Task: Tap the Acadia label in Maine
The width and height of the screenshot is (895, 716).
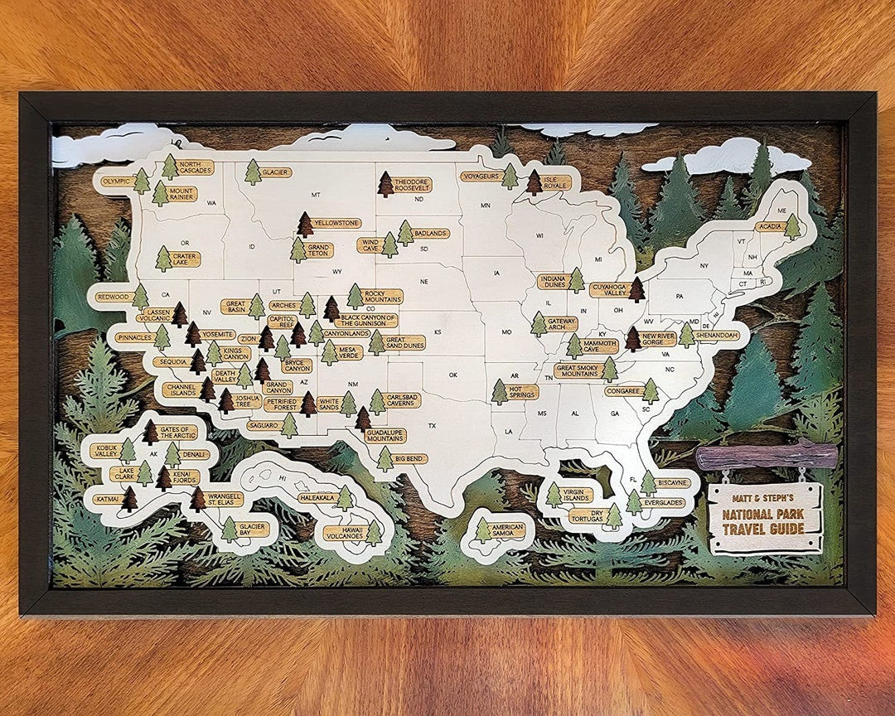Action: (x=769, y=226)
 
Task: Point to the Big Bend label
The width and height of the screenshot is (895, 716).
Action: (x=410, y=458)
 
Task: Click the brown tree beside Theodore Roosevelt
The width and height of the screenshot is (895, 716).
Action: (x=385, y=184)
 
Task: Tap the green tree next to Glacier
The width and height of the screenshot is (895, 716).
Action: (x=253, y=172)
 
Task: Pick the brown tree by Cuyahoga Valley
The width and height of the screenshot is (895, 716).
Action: (x=636, y=289)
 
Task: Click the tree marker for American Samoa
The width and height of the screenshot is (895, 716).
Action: (x=483, y=530)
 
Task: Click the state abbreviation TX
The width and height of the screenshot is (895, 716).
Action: (x=432, y=425)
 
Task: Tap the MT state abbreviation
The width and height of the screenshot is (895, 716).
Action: (x=316, y=195)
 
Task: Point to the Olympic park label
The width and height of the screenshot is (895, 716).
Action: (x=117, y=180)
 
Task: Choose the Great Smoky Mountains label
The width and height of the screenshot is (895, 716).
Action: (x=578, y=370)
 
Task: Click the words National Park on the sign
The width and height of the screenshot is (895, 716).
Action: (x=763, y=514)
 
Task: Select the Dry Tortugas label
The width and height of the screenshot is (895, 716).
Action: (x=586, y=515)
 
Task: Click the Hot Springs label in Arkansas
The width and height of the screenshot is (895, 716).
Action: (x=524, y=392)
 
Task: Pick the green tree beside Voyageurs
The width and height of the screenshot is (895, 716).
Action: (x=510, y=176)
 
